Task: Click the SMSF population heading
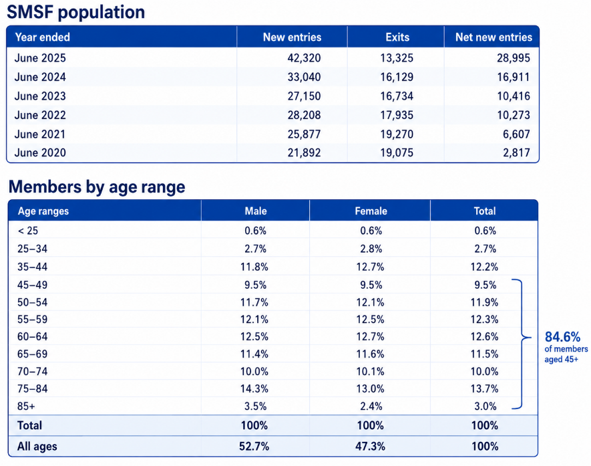[x=75, y=12]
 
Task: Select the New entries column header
[x=292, y=37]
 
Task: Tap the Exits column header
[x=397, y=37]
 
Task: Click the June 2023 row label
[x=40, y=96]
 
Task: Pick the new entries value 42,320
[x=304, y=57]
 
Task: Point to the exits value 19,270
[x=397, y=134]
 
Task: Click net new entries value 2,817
[x=516, y=152]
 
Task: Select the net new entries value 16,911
[x=514, y=77]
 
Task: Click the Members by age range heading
[x=97, y=187]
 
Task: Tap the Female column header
[x=371, y=211]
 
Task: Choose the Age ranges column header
[x=43, y=211]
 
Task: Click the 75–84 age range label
[x=33, y=388]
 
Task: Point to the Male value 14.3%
[x=254, y=388]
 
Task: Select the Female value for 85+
[x=371, y=406]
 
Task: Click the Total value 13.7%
[x=484, y=388]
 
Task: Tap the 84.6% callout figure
[x=562, y=336]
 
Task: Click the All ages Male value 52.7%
[x=254, y=447]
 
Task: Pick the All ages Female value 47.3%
[x=370, y=447]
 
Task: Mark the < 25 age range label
[x=28, y=231]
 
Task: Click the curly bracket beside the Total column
[x=522, y=344]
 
